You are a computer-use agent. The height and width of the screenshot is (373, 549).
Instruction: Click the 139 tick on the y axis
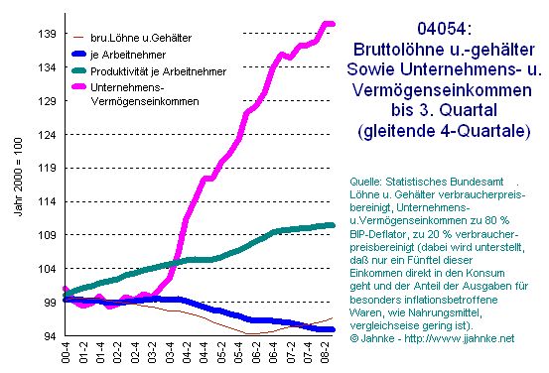click(x=47, y=34)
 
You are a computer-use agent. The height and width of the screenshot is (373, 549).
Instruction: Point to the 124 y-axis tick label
click(x=47, y=135)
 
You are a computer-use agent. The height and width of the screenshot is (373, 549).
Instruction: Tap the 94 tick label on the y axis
click(x=50, y=336)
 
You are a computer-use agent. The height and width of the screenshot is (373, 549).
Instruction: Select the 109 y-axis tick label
click(x=47, y=235)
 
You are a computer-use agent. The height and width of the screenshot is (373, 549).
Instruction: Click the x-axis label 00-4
click(x=66, y=352)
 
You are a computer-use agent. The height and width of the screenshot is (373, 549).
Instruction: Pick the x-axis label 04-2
click(x=187, y=352)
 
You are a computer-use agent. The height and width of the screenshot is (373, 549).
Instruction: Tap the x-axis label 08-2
click(x=325, y=352)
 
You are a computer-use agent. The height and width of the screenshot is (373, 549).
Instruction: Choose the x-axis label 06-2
click(x=256, y=352)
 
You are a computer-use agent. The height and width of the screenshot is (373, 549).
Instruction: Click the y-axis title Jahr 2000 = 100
click(x=18, y=177)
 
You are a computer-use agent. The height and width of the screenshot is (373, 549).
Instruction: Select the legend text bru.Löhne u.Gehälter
click(x=141, y=38)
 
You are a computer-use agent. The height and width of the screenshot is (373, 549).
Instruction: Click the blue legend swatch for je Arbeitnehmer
click(x=78, y=55)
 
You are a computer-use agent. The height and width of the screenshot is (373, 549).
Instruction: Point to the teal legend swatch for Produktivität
click(x=78, y=71)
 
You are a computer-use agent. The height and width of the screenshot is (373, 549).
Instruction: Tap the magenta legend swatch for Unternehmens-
click(x=78, y=86)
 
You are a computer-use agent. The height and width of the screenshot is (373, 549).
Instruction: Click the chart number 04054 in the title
click(x=442, y=29)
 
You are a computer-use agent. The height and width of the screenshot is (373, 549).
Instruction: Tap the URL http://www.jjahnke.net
click(x=460, y=338)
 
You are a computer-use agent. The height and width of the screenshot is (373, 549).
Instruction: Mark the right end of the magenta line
click(x=333, y=24)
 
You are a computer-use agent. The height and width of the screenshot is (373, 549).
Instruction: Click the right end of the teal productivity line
click(x=333, y=226)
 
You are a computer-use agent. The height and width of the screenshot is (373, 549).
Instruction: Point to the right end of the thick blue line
click(x=333, y=329)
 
